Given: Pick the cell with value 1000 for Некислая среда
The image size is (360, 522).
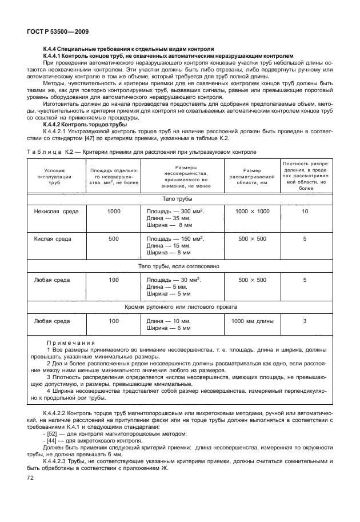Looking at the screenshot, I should [114, 212].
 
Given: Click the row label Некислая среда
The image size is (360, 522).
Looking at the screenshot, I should [55, 212].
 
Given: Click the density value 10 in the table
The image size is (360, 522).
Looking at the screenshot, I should [305, 212].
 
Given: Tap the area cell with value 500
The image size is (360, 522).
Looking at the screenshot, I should [114, 238].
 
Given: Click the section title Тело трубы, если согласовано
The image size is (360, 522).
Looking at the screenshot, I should [179, 266].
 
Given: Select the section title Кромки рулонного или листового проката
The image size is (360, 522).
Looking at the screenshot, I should [179, 306].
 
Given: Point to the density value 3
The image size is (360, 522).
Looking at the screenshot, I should [305, 321].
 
